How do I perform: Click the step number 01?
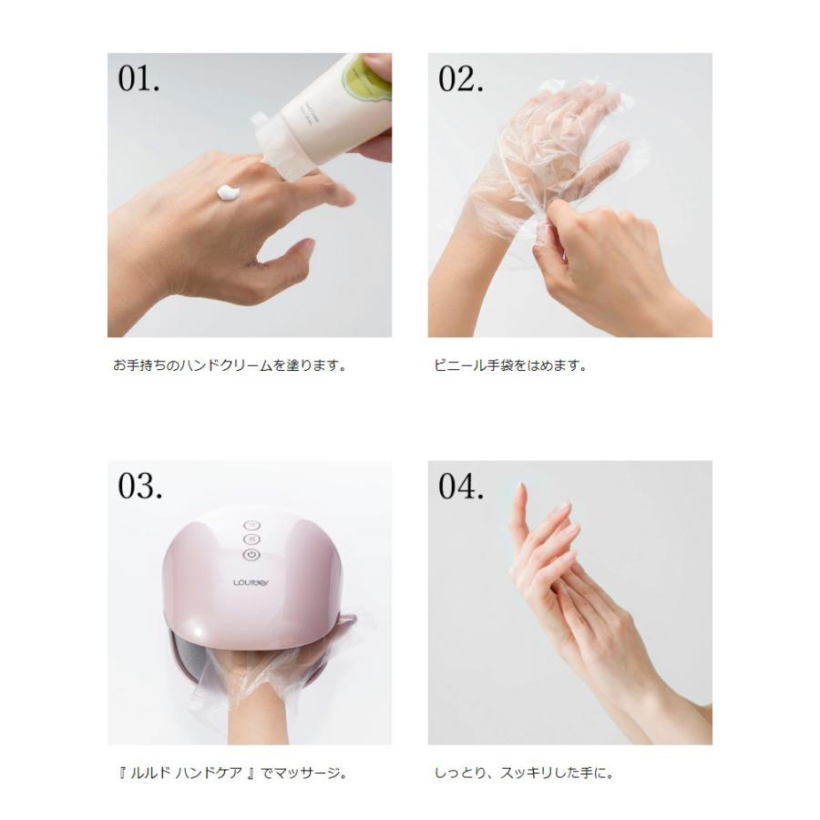click(x=138, y=79)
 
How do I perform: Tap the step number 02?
click(x=460, y=79)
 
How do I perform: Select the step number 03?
click(x=139, y=486)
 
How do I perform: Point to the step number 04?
click(x=461, y=486)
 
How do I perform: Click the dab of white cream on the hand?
click(x=228, y=192)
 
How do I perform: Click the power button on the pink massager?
click(x=251, y=555)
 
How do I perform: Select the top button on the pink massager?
click(x=251, y=525)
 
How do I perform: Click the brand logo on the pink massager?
click(x=251, y=582)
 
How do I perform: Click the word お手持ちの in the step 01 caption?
click(x=147, y=365)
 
